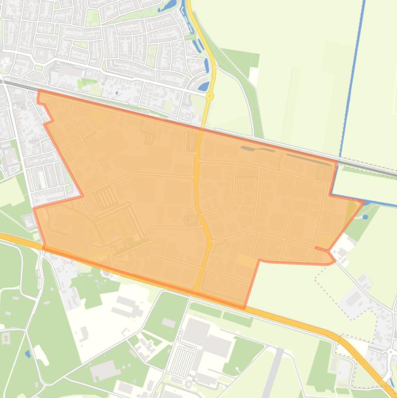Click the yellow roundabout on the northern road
(210, 96)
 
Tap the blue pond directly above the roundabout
(204, 86)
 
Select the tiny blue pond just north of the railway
(117, 93)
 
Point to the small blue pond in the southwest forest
(27, 354)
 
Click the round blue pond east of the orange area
(366, 217)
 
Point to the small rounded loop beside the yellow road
(190, 220)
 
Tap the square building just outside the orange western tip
(29, 222)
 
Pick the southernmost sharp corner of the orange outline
(244, 308)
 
